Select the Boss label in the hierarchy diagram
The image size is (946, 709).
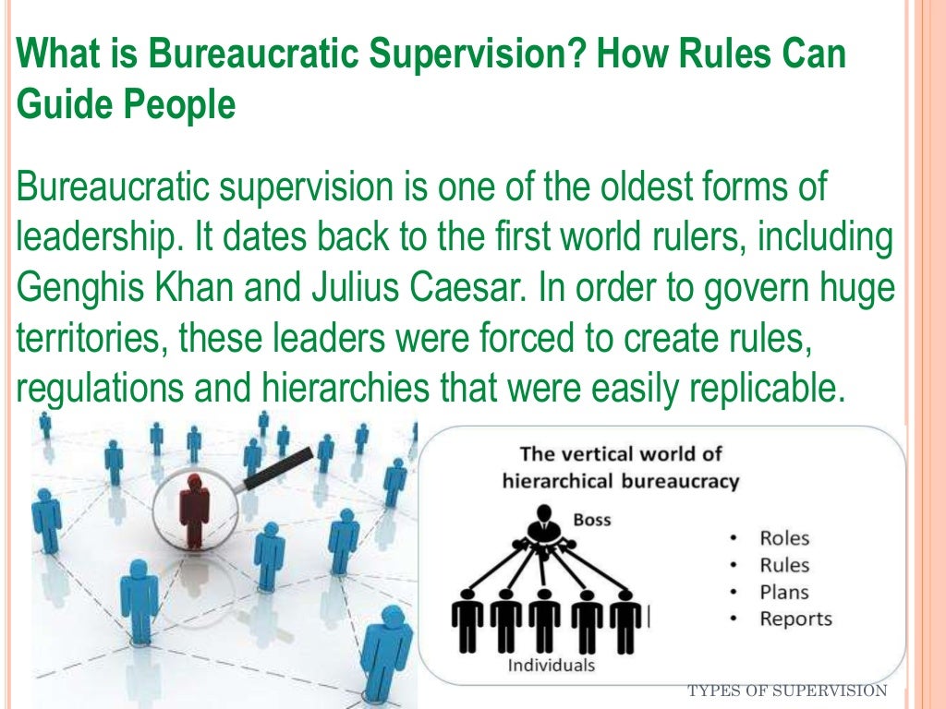pyautogui.click(x=591, y=520)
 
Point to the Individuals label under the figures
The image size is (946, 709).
pyautogui.click(x=552, y=666)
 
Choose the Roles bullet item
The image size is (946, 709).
pyautogui.click(x=783, y=538)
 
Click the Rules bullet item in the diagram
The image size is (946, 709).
pyautogui.click(x=783, y=565)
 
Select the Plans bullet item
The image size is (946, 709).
pyautogui.click(x=783, y=592)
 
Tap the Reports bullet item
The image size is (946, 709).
pyautogui.click(x=795, y=619)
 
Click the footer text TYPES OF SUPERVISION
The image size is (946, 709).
pyautogui.click(x=788, y=691)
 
